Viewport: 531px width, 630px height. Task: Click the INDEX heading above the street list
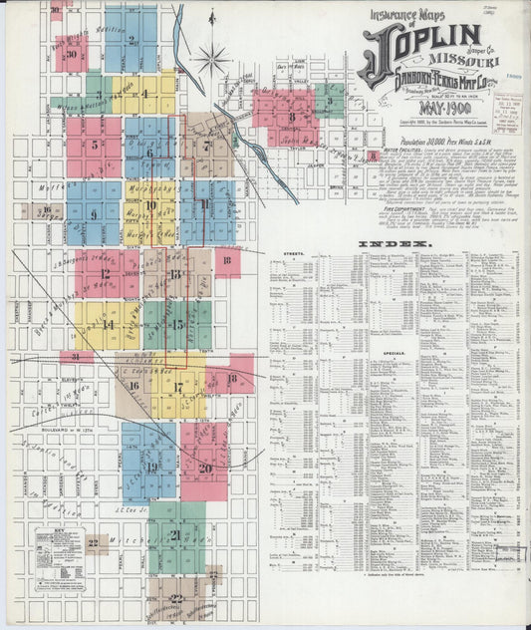pos(403,243)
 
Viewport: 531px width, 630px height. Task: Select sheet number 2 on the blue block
pos(132,41)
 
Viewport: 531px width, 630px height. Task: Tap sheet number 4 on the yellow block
pos(144,95)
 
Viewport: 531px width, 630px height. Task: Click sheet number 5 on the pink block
pos(95,145)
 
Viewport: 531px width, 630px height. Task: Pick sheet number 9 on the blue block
pos(94,213)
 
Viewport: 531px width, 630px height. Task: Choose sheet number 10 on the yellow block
pos(150,206)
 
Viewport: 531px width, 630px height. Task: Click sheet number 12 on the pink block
pos(105,272)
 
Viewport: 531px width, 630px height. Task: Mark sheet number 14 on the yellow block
pos(108,324)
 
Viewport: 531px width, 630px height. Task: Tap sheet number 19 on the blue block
pos(150,466)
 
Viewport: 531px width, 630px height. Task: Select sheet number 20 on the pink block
pos(204,467)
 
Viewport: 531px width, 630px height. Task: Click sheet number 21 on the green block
pos(175,534)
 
